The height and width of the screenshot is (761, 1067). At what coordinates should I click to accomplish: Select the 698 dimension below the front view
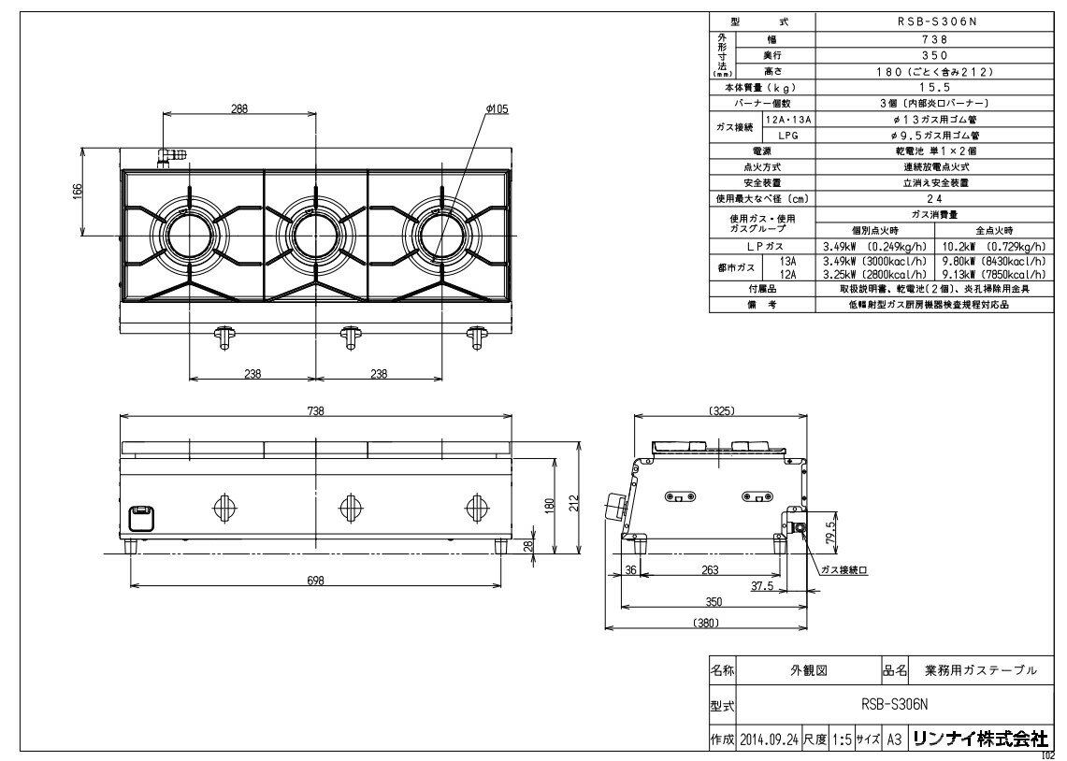315,580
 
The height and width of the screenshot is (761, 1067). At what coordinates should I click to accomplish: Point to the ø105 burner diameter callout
497,108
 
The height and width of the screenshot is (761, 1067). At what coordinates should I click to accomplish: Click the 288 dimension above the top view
239,108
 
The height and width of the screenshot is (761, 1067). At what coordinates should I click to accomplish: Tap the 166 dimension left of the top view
78,191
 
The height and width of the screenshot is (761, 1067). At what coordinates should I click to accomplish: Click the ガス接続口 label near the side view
841,568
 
